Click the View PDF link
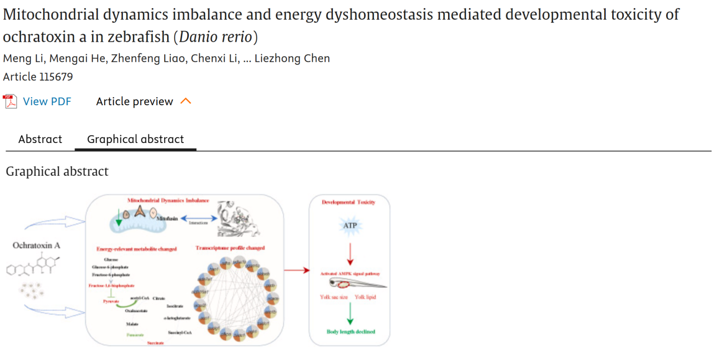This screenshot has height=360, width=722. click(x=47, y=102)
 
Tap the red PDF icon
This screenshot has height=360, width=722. click(x=10, y=102)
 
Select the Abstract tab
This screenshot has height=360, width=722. click(x=40, y=139)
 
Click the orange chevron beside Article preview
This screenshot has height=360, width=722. click(x=186, y=101)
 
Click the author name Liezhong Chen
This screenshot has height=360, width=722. click(x=292, y=58)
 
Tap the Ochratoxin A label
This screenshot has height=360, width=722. click(x=36, y=246)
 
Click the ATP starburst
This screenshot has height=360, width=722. click(x=350, y=225)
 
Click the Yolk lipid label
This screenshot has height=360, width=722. click(x=365, y=297)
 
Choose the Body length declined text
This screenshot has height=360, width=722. click(x=350, y=332)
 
